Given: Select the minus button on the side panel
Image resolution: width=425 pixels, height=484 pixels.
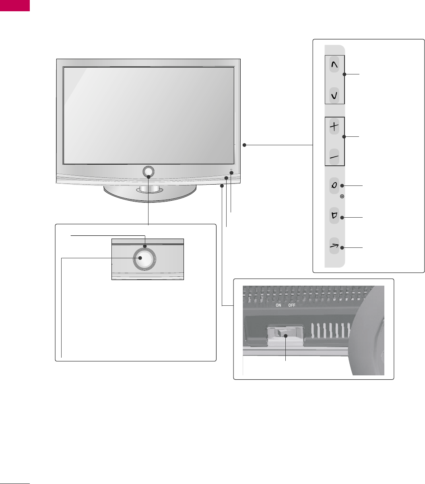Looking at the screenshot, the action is [334, 157].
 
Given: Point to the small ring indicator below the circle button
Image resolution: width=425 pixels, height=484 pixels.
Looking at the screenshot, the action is [342, 197].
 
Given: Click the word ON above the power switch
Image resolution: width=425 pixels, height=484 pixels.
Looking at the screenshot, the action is [278, 305].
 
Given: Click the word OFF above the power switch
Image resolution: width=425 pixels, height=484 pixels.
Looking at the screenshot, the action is [292, 305].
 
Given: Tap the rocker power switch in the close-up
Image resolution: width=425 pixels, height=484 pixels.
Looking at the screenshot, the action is [285, 333].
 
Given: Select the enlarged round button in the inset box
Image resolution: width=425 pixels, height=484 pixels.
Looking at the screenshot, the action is [144, 258].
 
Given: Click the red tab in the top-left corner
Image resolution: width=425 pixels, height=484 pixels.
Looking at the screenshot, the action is [15, 5].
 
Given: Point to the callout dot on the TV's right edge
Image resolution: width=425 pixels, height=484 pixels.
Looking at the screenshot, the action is [244, 145].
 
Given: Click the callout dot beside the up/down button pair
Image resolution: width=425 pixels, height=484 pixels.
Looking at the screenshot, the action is [344, 74].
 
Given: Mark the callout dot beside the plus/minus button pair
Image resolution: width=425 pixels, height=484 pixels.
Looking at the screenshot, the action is [344, 137].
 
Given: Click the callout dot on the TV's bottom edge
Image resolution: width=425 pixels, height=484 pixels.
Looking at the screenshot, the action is [222, 185].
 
